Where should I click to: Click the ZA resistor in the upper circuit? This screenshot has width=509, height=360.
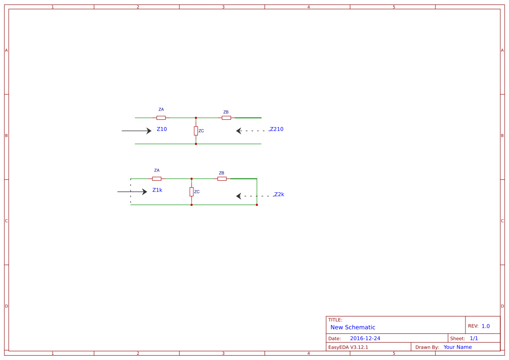pos(161,118)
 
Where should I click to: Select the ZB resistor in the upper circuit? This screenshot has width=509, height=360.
pos(226,118)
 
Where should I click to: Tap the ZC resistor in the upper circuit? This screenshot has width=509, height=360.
pos(196,131)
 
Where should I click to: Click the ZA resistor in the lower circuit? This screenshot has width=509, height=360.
pos(157,178)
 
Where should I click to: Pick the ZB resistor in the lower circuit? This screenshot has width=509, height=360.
pos(222,178)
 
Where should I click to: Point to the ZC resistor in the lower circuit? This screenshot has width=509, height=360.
pos(192,192)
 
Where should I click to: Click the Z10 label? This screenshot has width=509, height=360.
pos(162,129)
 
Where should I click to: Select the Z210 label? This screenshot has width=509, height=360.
pos(276,129)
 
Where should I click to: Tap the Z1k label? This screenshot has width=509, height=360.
pos(157,190)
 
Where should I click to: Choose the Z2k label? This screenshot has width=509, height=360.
pos(279,195)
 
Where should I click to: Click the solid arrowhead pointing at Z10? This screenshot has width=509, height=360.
pos(149,131)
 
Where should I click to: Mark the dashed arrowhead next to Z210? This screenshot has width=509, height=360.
pos(239,131)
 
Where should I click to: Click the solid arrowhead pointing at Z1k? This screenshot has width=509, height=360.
pos(145,192)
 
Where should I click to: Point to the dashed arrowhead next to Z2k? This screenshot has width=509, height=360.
pos(239,196)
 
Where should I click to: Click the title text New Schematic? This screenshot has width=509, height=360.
pos(353,327)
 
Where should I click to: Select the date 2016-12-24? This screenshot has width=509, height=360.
pos(365,338)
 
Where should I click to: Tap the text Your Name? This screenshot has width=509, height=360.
pos(458,347)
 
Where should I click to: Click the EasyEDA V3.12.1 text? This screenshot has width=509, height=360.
pos(348,347)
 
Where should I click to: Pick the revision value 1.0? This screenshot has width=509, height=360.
pos(485,326)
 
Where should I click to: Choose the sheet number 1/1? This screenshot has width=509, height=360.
pos(474,338)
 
